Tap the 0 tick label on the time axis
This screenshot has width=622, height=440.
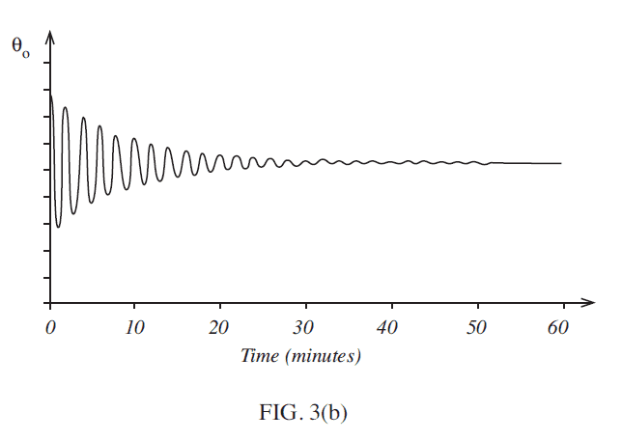49,328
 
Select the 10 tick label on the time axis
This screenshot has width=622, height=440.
135,328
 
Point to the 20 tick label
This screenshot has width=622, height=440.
221,328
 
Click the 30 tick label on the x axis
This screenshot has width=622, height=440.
306,328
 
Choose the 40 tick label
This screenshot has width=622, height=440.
391,328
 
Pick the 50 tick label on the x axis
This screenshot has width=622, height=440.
477,328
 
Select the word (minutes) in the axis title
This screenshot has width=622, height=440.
324,356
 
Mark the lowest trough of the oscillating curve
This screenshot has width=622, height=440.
58,227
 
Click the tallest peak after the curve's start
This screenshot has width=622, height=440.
66,107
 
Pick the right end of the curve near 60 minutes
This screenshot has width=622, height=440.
560,163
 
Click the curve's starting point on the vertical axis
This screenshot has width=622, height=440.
50,95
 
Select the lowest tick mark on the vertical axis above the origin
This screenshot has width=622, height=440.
47,278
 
